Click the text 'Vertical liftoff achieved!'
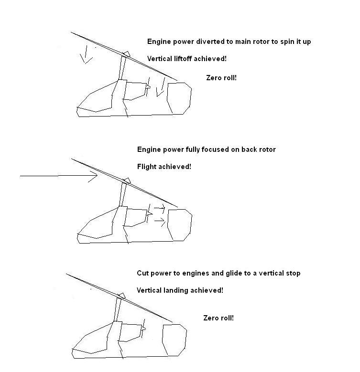tap(186, 59)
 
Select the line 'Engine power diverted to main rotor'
tap(229, 42)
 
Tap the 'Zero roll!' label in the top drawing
tap(221, 78)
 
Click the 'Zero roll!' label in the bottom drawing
tap(218, 318)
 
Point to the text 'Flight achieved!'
tap(164, 167)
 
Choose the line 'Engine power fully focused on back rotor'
tap(207, 149)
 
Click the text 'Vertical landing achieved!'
tap(180, 290)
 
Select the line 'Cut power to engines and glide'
tap(218, 273)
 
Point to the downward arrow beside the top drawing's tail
tap(162, 87)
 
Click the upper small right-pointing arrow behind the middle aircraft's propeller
tap(160, 208)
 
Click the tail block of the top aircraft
tap(179, 98)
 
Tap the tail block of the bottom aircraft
tap(175, 340)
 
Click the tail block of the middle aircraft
tap(180, 225)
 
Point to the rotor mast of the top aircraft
tap(122, 68)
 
